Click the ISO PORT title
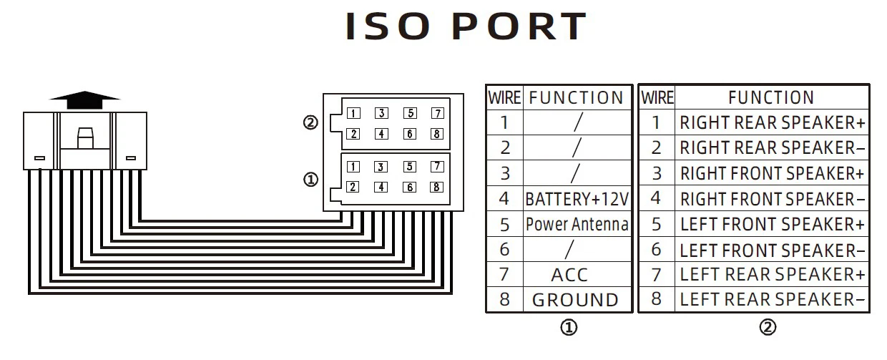pyautogui.click(x=466, y=27)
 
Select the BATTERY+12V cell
pyautogui.click(x=577, y=199)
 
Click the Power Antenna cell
pyautogui.click(x=577, y=225)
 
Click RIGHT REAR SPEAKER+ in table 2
pyautogui.click(x=772, y=122)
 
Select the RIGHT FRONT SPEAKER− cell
pyautogui.click(x=772, y=199)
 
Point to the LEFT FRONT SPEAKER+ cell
pyautogui.click(x=772, y=225)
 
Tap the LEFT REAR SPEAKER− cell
pyautogui.click(x=772, y=300)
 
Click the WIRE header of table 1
pyautogui.click(x=504, y=97)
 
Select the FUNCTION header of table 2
pyautogui.click(x=771, y=97)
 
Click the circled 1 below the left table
pyautogui.click(x=568, y=328)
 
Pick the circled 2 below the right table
pyautogui.click(x=768, y=328)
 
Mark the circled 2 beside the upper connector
pyautogui.click(x=310, y=123)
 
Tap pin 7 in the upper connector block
pyautogui.click(x=437, y=113)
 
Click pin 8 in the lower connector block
pyautogui.click(x=436, y=188)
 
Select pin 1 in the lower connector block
pyautogui.click(x=353, y=167)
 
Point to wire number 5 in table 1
pyautogui.click(x=504, y=225)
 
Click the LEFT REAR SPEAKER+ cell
pyautogui.click(x=772, y=274)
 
